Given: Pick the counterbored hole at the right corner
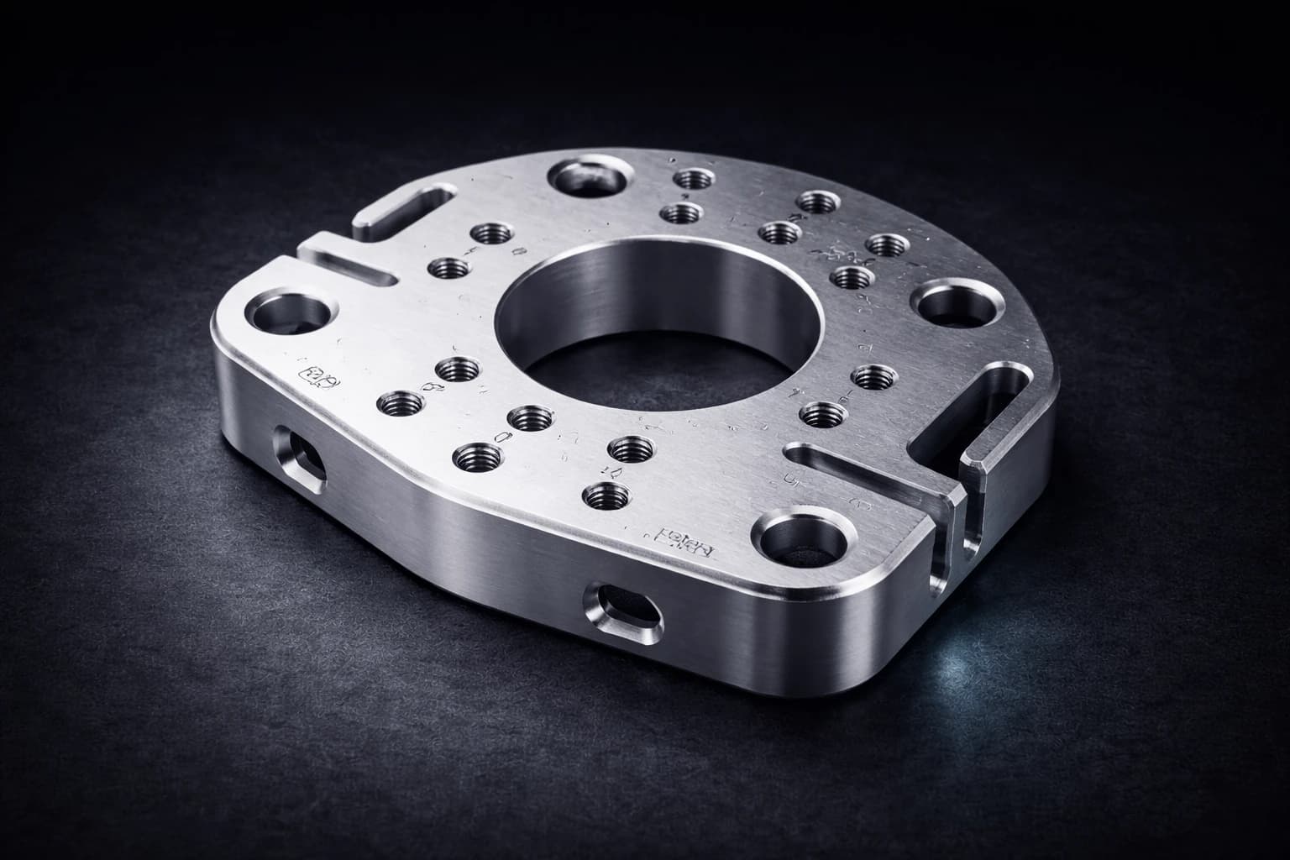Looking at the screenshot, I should point(954,304).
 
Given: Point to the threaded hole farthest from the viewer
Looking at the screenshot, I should point(692,179).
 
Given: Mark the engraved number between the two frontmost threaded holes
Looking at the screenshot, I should point(614,473).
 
